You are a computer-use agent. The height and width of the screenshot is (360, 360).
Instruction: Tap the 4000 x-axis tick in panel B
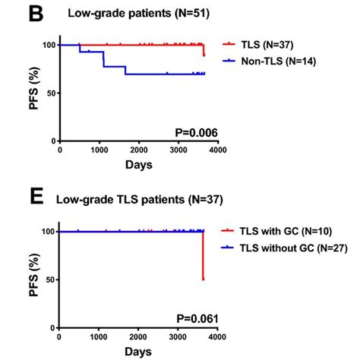click(216, 150)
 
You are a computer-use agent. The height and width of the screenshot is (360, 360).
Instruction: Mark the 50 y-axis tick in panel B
click(48, 93)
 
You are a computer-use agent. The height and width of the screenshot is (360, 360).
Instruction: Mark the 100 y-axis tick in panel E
click(46, 232)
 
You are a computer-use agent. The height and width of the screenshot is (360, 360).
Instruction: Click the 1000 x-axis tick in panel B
click(99, 150)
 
